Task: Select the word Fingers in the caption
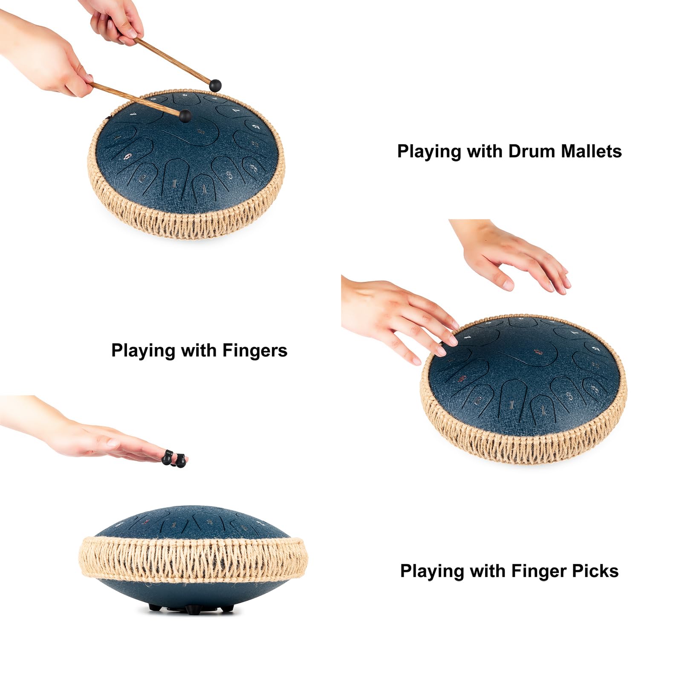255,350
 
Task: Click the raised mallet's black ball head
216,85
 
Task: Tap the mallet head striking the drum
185,116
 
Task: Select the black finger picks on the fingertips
174,459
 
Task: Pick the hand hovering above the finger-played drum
516,256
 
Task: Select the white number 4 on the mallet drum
133,114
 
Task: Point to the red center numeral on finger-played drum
538,352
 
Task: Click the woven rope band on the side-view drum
192,558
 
